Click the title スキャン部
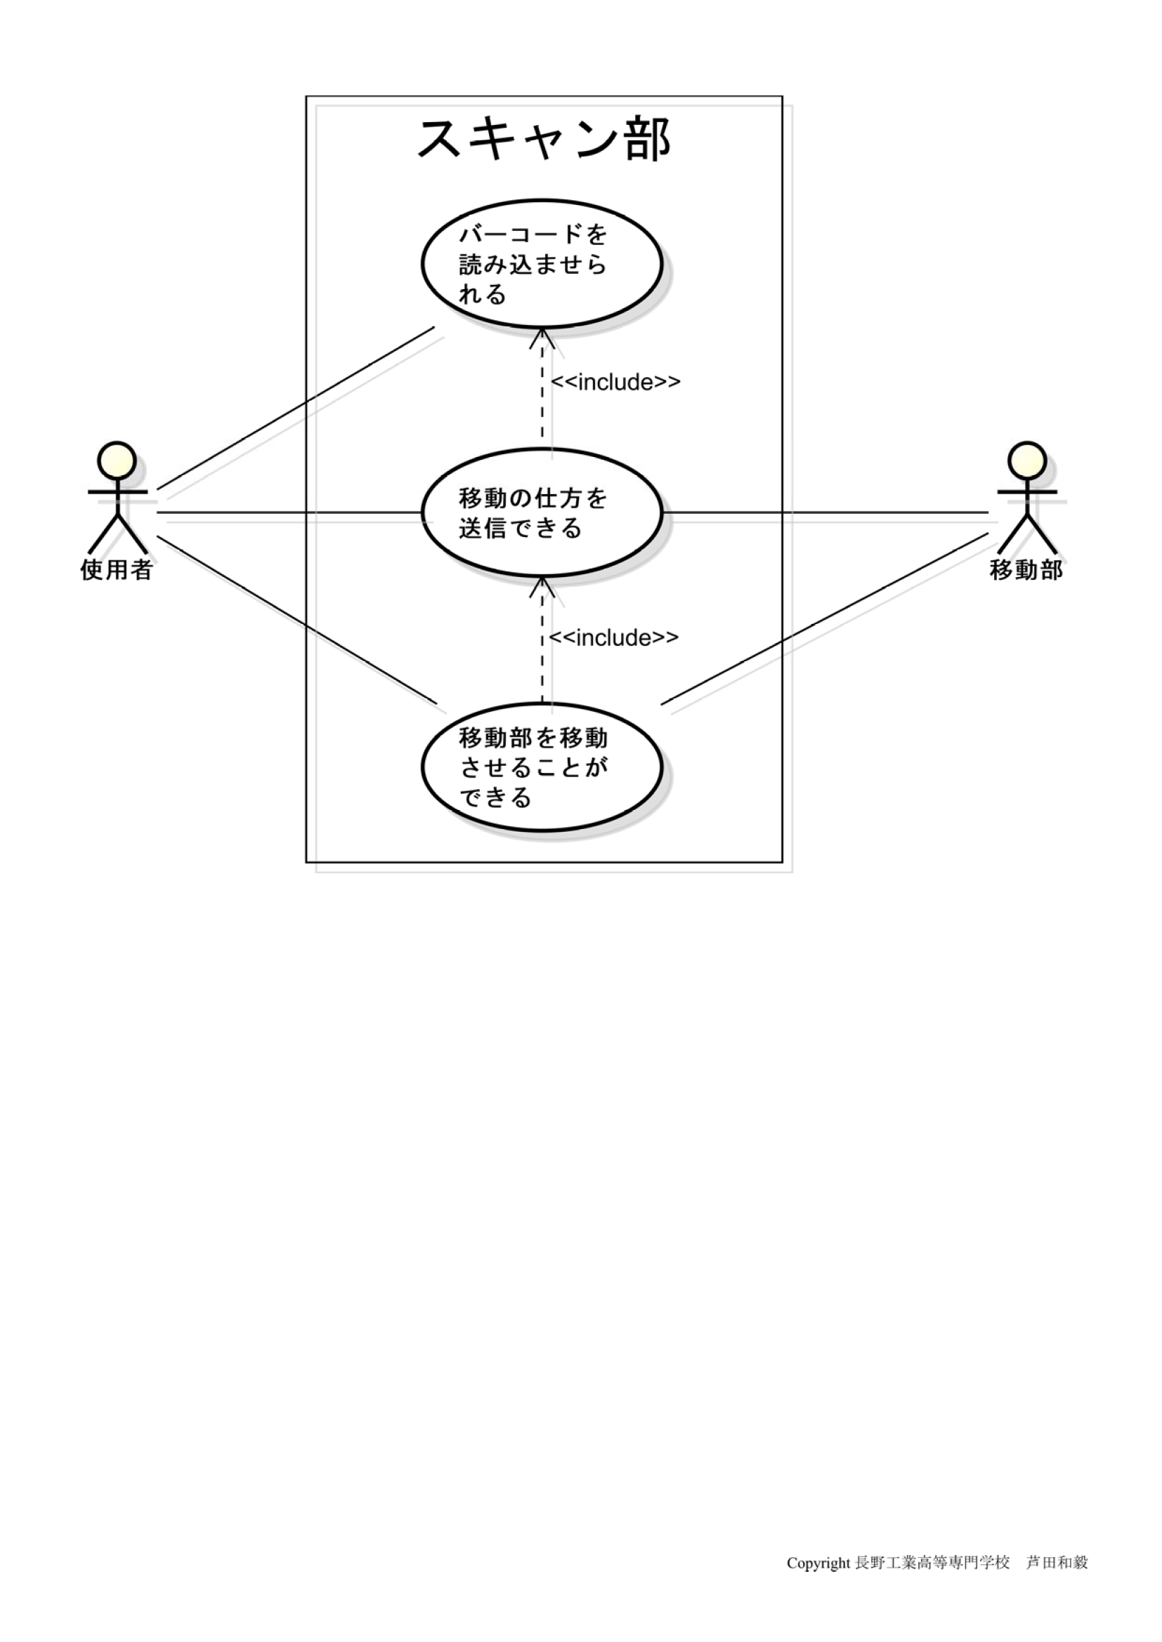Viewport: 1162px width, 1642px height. coord(543,139)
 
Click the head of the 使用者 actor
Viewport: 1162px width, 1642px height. coord(117,459)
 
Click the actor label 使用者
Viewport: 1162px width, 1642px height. coord(116,570)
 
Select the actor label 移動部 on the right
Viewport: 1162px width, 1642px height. coord(1026,570)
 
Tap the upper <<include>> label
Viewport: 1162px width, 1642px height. coord(615,383)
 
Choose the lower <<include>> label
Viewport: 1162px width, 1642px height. coord(614,637)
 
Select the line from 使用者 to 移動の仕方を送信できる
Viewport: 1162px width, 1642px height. coord(286,512)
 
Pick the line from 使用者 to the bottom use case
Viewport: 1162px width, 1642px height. coord(296,619)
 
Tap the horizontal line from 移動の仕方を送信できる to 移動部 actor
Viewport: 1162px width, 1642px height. coord(823,512)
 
